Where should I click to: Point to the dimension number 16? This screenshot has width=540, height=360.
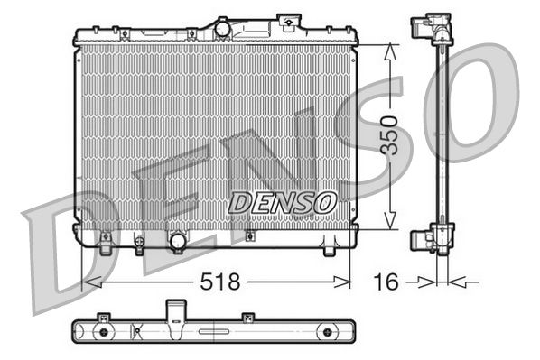(x=386, y=282)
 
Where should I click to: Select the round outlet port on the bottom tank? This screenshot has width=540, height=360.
(x=178, y=242)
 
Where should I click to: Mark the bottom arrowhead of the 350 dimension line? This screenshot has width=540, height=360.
(x=389, y=226)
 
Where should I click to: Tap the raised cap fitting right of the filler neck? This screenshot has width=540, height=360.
(x=289, y=22)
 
